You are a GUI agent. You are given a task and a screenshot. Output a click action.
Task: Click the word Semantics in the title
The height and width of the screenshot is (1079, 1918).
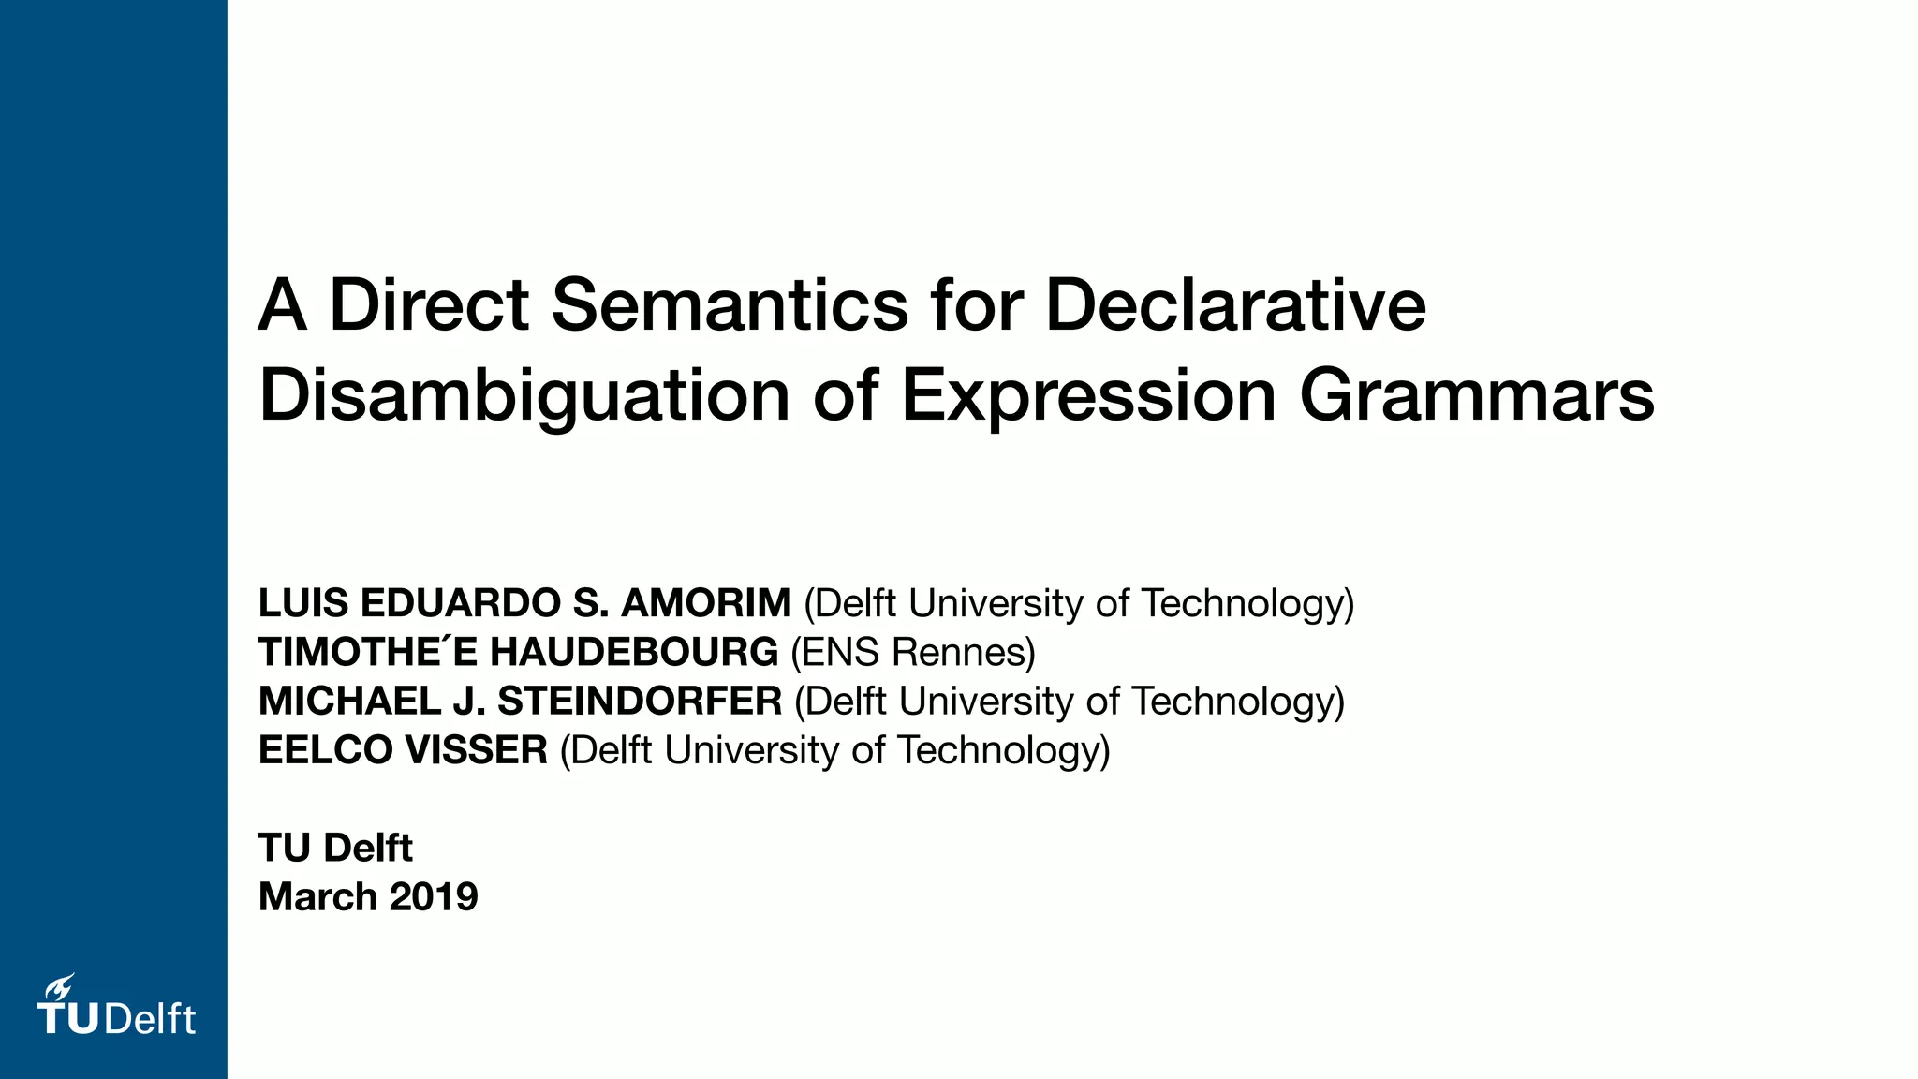pyautogui.click(x=730, y=305)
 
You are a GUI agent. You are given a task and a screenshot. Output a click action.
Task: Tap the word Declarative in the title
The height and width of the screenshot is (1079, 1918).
pyautogui.click(x=1235, y=305)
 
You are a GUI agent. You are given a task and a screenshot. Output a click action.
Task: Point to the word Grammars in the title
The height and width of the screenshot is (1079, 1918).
pyautogui.click(x=1477, y=396)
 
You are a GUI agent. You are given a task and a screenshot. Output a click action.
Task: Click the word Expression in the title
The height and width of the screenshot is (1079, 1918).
pyautogui.click(x=1088, y=396)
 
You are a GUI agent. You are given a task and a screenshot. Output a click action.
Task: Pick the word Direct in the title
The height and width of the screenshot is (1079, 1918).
pyautogui.click(x=429, y=305)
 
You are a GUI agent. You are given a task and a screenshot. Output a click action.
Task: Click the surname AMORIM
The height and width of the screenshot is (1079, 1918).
pyautogui.click(x=706, y=603)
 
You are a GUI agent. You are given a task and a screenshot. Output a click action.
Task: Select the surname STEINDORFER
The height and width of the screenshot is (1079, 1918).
pyautogui.click(x=640, y=702)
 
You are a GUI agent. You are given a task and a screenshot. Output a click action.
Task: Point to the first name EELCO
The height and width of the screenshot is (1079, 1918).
pyautogui.click(x=325, y=750)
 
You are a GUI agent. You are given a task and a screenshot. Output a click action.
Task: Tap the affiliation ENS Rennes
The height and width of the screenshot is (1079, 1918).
pyautogui.click(x=913, y=652)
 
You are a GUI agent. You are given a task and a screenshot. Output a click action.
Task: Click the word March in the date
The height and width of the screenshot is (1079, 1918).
pyautogui.click(x=317, y=897)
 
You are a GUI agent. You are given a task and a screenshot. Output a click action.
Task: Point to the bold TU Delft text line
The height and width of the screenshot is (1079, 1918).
pyautogui.click(x=335, y=848)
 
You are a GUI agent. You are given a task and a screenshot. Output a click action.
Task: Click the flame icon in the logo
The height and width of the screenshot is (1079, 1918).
pyautogui.click(x=61, y=986)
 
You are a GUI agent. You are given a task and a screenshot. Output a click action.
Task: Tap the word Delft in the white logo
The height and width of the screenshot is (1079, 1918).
pyautogui.click(x=150, y=1019)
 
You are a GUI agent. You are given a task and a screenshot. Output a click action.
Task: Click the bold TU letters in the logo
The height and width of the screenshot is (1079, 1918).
pyautogui.click(x=69, y=1019)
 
